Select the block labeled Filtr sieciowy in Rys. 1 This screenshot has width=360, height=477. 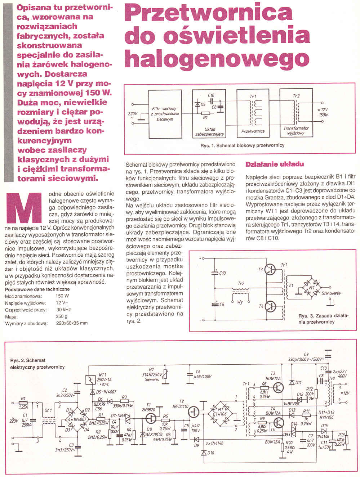[165, 113]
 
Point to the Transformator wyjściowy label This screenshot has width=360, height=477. [296, 130]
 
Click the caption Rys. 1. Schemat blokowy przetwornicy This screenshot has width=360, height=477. [242, 145]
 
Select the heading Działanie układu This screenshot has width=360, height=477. [275, 164]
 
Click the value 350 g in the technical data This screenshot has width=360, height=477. [62, 316]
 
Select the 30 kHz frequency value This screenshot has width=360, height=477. [64, 310]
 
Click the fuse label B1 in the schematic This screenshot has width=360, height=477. [23, 399]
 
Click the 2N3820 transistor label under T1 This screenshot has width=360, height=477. [148, 409]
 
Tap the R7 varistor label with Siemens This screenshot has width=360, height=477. [151, 374]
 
